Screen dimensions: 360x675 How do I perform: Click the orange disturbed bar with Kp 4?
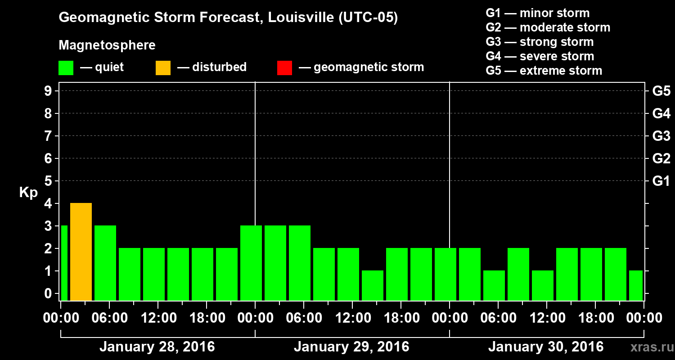click(x=81, y=252)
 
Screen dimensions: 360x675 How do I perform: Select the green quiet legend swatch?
click(x=66, y=68)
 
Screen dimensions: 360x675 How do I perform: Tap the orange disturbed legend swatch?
click(x=163, y=68)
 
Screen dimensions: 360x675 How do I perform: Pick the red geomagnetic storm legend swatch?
click(x=284, y=68)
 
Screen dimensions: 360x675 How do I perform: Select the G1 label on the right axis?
click(x=661, y=181)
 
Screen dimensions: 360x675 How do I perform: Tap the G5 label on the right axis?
click(x=661, y=91)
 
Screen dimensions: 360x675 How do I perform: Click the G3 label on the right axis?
click(x=661, y=136)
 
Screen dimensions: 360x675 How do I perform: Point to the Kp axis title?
click(x=28, y=193)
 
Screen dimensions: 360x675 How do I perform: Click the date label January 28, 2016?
click(x=157, y=347)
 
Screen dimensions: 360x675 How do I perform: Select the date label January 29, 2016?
click(x=351, y=347)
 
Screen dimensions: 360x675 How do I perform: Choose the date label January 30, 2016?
click(x=546, y=347)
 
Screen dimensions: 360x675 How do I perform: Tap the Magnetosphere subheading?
click(x=107, y=45)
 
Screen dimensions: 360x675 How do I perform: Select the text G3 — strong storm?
click(x=540, y=42)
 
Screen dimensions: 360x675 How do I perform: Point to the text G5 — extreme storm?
click(x=544, y=71)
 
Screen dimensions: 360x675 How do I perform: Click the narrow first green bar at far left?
click(x=64, y=263)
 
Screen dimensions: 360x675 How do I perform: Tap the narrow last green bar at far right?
click(x=636, y=285)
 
